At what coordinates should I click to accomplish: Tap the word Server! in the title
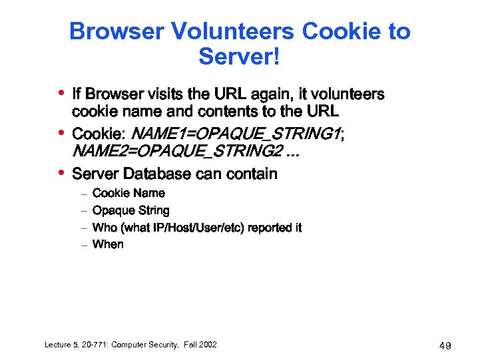(240, 57)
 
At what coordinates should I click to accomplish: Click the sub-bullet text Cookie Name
(128, 194)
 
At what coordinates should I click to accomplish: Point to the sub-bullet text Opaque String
(131, 211)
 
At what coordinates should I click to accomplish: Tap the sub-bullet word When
(108, 244)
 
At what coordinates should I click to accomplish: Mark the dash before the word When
(84, 246)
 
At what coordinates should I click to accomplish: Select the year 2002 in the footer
(205, 345)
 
